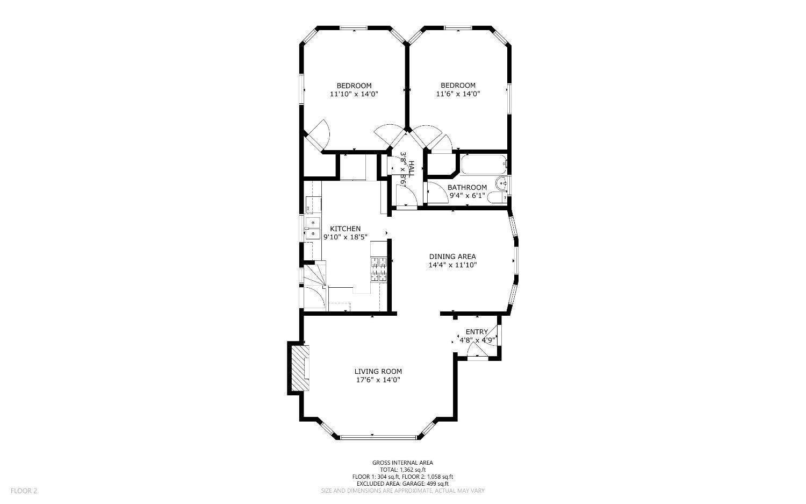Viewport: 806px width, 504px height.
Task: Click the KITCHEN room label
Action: pos(345,229)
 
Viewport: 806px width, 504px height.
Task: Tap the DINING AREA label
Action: pos(452,257)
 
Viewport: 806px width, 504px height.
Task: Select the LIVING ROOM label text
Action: pos(378,372)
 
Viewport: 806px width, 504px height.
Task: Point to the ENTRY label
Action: pos(477,332)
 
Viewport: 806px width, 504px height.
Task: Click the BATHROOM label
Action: pos(467,187)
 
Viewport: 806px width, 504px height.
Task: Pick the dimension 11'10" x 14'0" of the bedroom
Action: pos(354,94)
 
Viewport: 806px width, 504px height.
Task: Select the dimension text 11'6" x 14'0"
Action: pos(458,94)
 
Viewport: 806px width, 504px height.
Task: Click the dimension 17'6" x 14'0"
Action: pos(378,380)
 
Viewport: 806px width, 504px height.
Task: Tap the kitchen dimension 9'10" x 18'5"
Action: pos(346,237)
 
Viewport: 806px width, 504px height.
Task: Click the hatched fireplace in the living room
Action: pos(300,368)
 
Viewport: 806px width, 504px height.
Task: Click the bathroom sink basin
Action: pos(501,184)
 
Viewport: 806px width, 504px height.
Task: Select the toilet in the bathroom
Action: pos(497,198)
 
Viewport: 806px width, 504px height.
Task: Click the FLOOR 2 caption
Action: pos(24,491)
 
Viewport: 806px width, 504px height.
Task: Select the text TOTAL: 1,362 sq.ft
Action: pos(402,470)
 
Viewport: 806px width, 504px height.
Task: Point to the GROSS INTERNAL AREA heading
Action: pos(402,463)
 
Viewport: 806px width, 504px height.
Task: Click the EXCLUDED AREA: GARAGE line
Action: pos(402,484)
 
